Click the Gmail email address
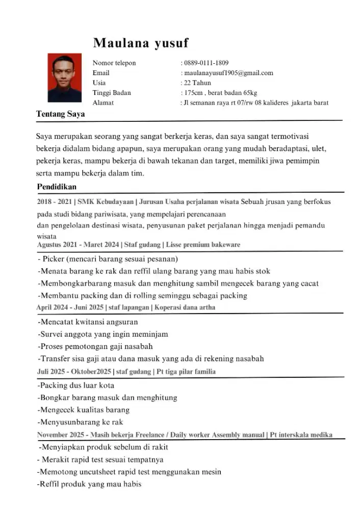228,73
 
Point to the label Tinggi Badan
112,93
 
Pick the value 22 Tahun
197,83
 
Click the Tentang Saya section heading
60,114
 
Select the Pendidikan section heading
57,187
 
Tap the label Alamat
103,103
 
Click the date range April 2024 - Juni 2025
69,308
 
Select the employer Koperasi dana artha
185,308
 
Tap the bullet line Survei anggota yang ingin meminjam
103,334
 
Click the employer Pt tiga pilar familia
186,372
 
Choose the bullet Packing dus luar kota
76,385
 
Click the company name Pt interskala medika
301,435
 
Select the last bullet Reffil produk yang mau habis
90,484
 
